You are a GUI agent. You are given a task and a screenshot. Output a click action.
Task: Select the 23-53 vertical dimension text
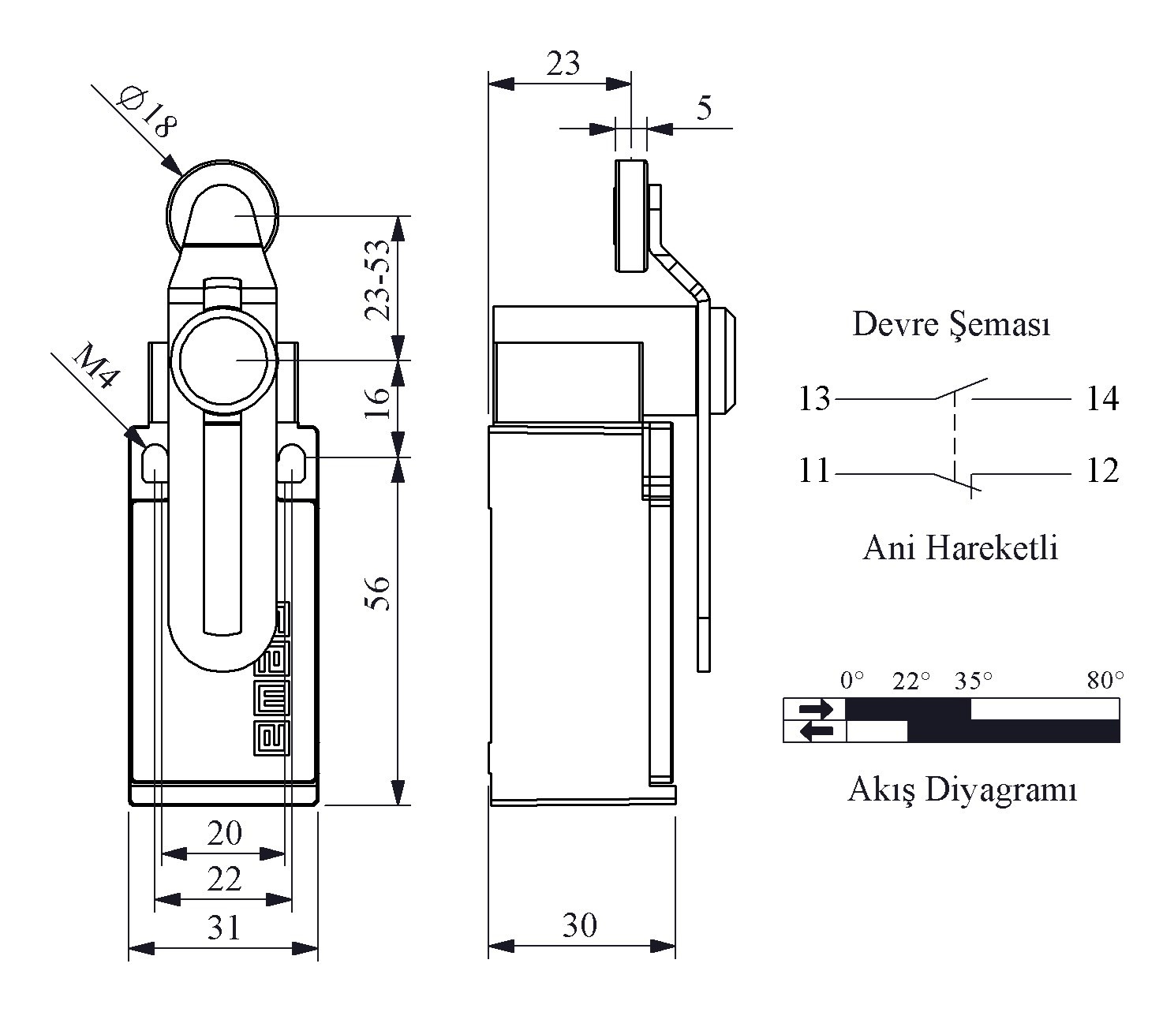tap(378, 280)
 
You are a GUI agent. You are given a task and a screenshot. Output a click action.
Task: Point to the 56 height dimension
tap(378, 593)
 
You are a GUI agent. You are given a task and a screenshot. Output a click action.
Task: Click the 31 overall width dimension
tap(223, 928)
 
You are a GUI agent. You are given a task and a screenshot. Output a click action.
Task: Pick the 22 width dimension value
tap(224, 879)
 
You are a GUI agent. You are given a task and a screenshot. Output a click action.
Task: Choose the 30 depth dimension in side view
tap(579, 925)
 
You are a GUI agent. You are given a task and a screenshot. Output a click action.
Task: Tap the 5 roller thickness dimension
tap(704, 108)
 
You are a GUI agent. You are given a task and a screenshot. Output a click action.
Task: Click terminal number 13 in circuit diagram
tap(814, 398)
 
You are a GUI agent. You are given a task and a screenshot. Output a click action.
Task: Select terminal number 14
tap(1102, 398)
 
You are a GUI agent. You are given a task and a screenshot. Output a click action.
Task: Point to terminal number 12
tap(1102, 471)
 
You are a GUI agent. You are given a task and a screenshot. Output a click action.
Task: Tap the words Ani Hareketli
tap(960, 548)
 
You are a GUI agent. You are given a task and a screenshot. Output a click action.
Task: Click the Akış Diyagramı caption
tap(962, 790)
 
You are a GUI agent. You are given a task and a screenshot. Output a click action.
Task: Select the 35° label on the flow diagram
tap(973, 681)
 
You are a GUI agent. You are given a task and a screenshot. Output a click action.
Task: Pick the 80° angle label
tap(1105, 681)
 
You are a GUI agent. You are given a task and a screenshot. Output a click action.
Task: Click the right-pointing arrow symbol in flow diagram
tap(815, 709)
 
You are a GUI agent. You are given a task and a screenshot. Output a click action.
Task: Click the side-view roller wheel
tap(630, 216)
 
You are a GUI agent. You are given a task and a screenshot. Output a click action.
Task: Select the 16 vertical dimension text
tap(378, 402)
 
